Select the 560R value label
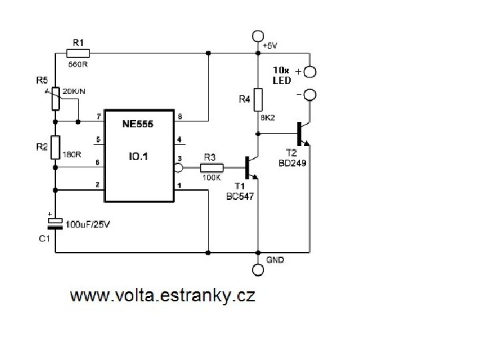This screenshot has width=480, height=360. pyautogui.click(x=79, y=64)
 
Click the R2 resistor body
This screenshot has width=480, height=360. pyautogui.click(x=55, y=147)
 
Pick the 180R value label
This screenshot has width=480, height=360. pyautogui.click(x=71, y=154)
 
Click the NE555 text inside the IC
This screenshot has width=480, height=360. pyautogui.click(x=137, y=124)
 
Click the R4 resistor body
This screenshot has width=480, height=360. pyautogui.click(x=258, y=100)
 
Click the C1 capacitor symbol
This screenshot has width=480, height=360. pyautogui.click(x=55, y=223)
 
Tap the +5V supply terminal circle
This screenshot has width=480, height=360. pyautogui.click(x=258, y=36)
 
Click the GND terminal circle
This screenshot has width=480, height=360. pyautogui.click(x=258, y=269)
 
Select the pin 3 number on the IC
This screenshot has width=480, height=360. pyautogui.click(x=179, y=159)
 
